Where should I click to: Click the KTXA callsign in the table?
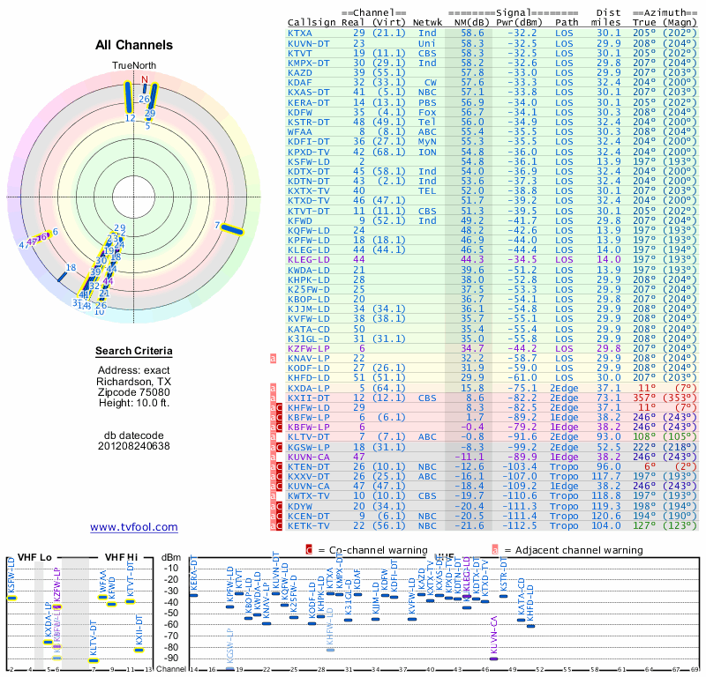(x=300, y=33)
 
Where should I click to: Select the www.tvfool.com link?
(x=134, y=527)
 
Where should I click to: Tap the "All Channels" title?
(x=134, y=45)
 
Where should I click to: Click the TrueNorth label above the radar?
(x=133, y=66)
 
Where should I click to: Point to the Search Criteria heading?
(x=134, y=352)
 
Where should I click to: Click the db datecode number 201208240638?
(x=134, y=445)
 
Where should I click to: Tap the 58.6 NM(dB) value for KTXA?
(x=471, y=33)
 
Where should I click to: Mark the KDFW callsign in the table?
(x=300, y=112)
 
